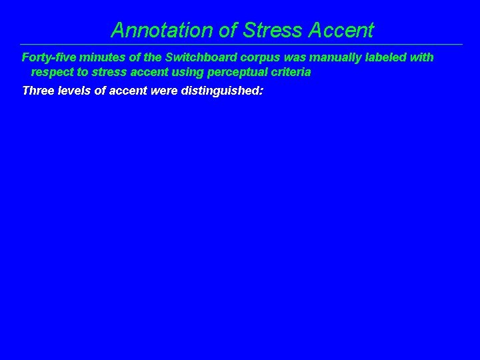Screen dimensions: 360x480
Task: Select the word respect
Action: (52, 72)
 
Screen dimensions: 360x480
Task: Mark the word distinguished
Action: (222, 91)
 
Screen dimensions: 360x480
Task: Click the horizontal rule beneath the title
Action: (240, 45)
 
